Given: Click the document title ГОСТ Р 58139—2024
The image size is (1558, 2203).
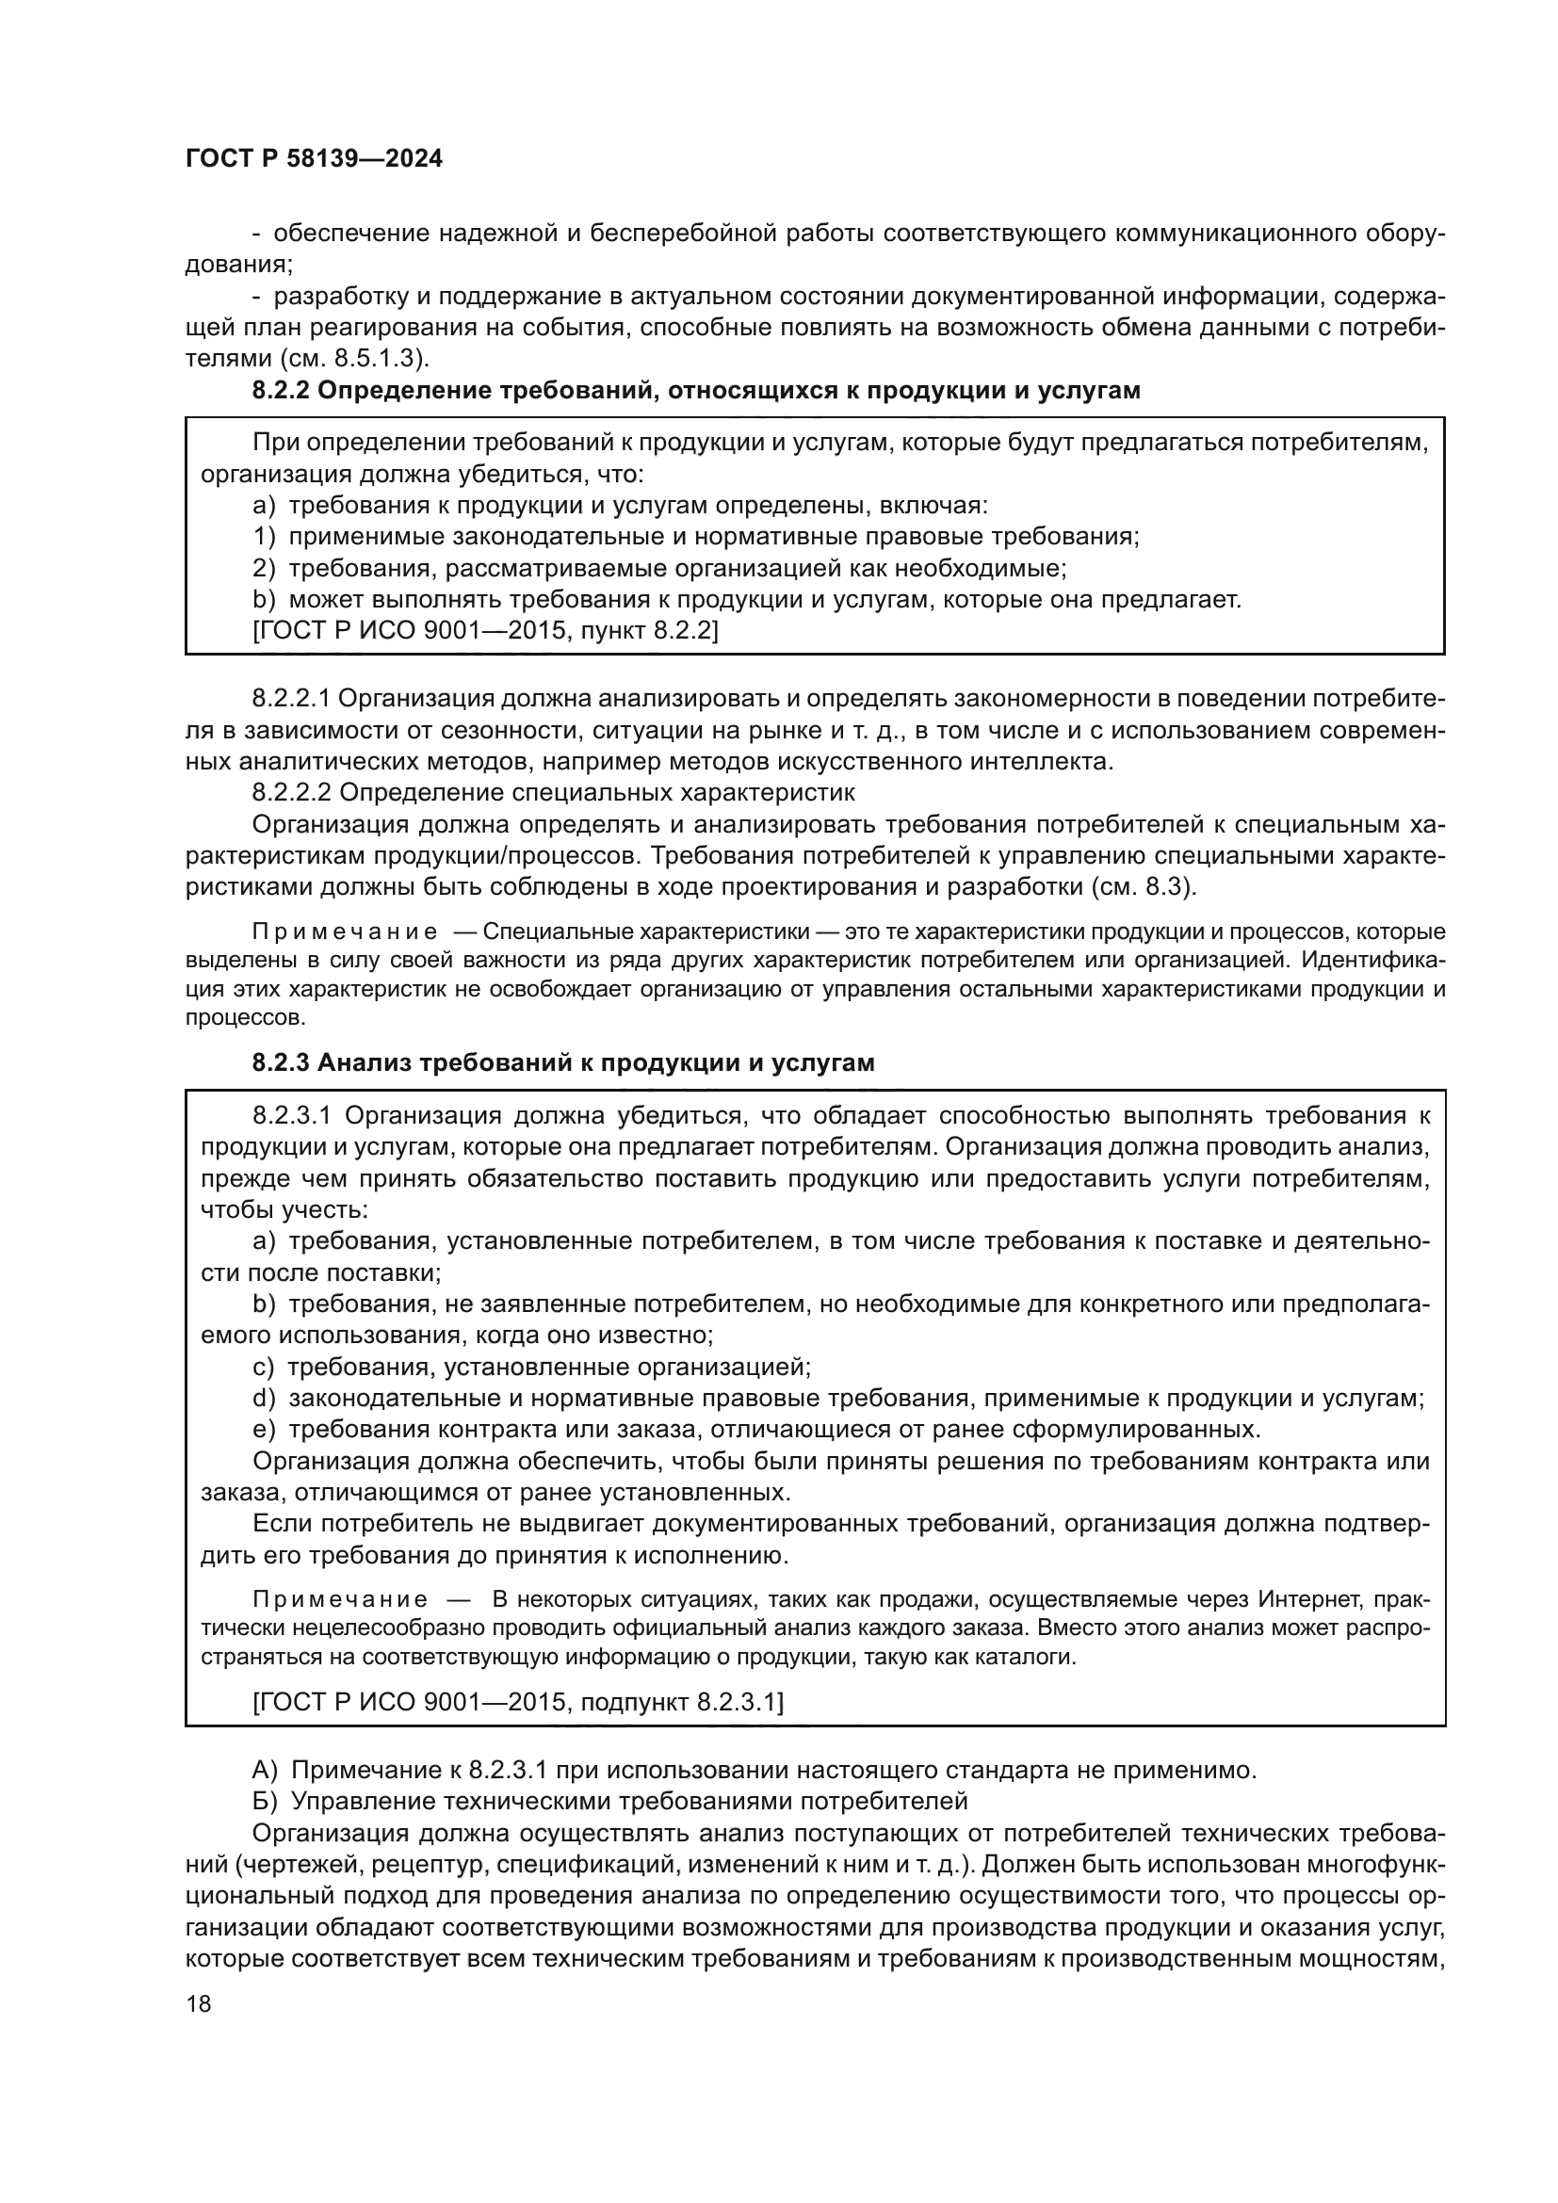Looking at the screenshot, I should (314, 159).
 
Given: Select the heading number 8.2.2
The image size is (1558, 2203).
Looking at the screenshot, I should (280, 392).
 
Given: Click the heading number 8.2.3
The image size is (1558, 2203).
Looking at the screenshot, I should (280, 1063).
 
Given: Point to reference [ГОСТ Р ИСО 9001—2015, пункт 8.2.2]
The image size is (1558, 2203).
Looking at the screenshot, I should (484, 631).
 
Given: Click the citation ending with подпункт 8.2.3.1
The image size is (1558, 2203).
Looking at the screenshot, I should (518, 1702).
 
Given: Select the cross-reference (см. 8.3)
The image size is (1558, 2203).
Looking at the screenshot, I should (1143, 886).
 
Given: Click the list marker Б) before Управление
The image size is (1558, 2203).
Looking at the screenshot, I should (265, 1801).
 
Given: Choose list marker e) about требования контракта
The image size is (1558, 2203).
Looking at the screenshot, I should (264, 1430).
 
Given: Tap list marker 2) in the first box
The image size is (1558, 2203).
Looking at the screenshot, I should (264, 568).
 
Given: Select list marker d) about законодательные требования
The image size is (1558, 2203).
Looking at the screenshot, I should (264, 1398).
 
